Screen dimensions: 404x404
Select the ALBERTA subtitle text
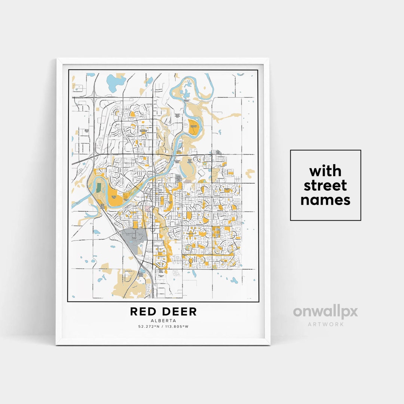(163, 321)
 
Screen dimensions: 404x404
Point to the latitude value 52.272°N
(149, 327)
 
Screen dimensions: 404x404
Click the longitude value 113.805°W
(176, 327)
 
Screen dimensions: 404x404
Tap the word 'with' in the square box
(325, 171)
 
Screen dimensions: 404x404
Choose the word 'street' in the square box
(325, 185)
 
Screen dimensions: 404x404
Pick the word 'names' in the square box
(325, 200)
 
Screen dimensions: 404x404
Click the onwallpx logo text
(325, 312)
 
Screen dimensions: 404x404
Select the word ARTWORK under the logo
(325, 324)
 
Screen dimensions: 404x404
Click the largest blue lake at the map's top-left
(113, 80)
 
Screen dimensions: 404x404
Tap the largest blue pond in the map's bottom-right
(234, 280)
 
